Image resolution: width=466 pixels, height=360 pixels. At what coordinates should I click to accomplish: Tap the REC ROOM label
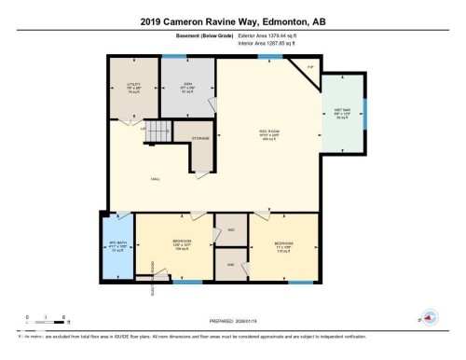pyautogui.click(x=268, y=132)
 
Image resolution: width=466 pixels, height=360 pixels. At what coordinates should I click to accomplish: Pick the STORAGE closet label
pyautogui.click(x=200, y=139)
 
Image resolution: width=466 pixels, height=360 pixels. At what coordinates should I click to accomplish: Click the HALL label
pyautogui.click(x=157, y=179)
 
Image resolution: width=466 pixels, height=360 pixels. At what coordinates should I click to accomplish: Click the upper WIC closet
pyautogui.click(x=230, y=229)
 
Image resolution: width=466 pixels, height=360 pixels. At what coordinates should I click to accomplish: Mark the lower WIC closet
pyautogui.click(x=230, y=265)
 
